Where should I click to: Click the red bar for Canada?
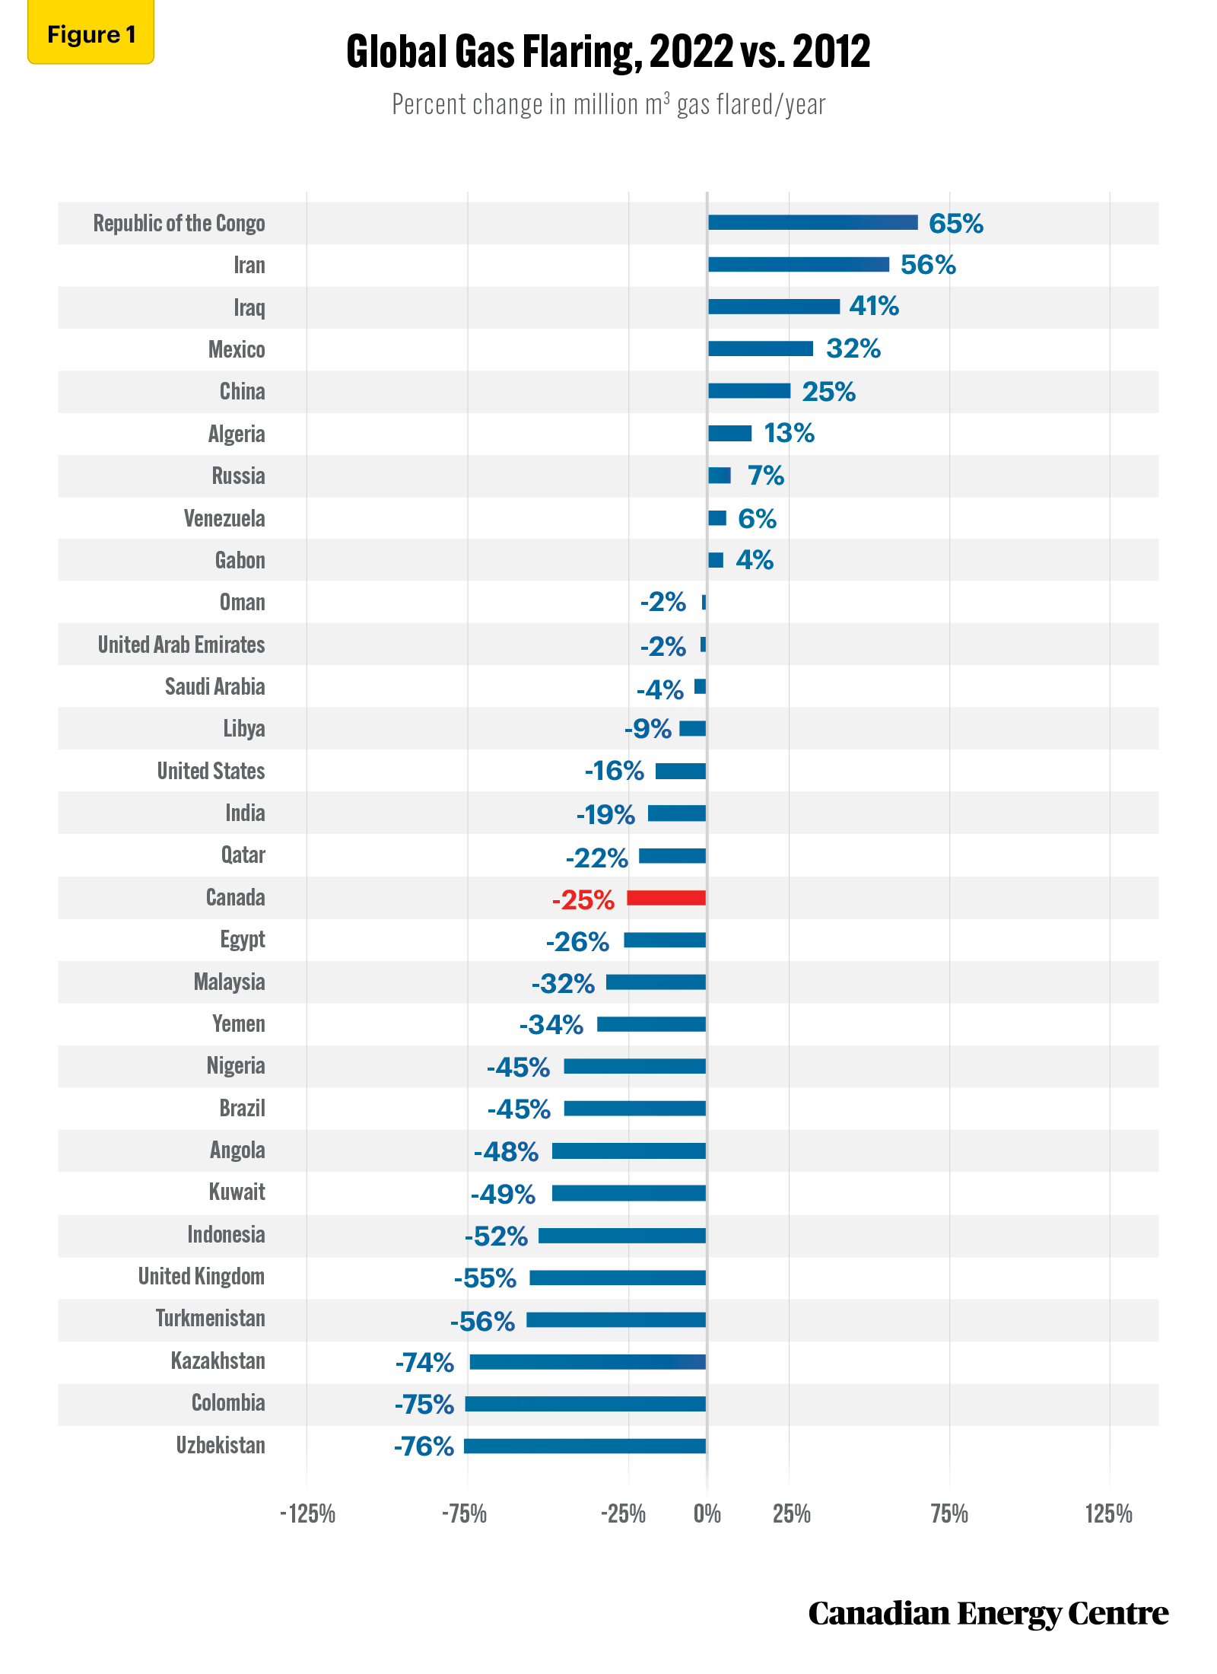[666, 898]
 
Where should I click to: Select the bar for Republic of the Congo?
[813, 222]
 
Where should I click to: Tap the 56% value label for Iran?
[928, 265]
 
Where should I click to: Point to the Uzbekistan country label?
[221, 1445]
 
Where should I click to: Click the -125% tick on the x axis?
[308, 1514]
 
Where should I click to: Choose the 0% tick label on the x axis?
[707, 1514]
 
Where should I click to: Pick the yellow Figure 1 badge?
[91, 33]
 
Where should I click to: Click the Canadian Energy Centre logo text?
[988, 1612]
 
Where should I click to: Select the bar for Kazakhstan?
[588, 1362]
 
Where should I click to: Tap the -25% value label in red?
[583, 899]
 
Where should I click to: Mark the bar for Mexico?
[761, 348]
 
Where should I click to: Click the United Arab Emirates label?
[181, 644]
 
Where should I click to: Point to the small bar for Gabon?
[716, 560]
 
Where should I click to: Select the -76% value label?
[424, 1446]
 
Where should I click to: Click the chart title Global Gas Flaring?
[608, 52]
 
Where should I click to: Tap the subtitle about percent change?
[608, 104]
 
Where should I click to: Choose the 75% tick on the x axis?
[949, 1514]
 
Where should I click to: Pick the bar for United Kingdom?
[618, 1278]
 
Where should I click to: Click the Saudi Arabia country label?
[215, 686]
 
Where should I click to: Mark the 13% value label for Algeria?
[790, 434]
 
